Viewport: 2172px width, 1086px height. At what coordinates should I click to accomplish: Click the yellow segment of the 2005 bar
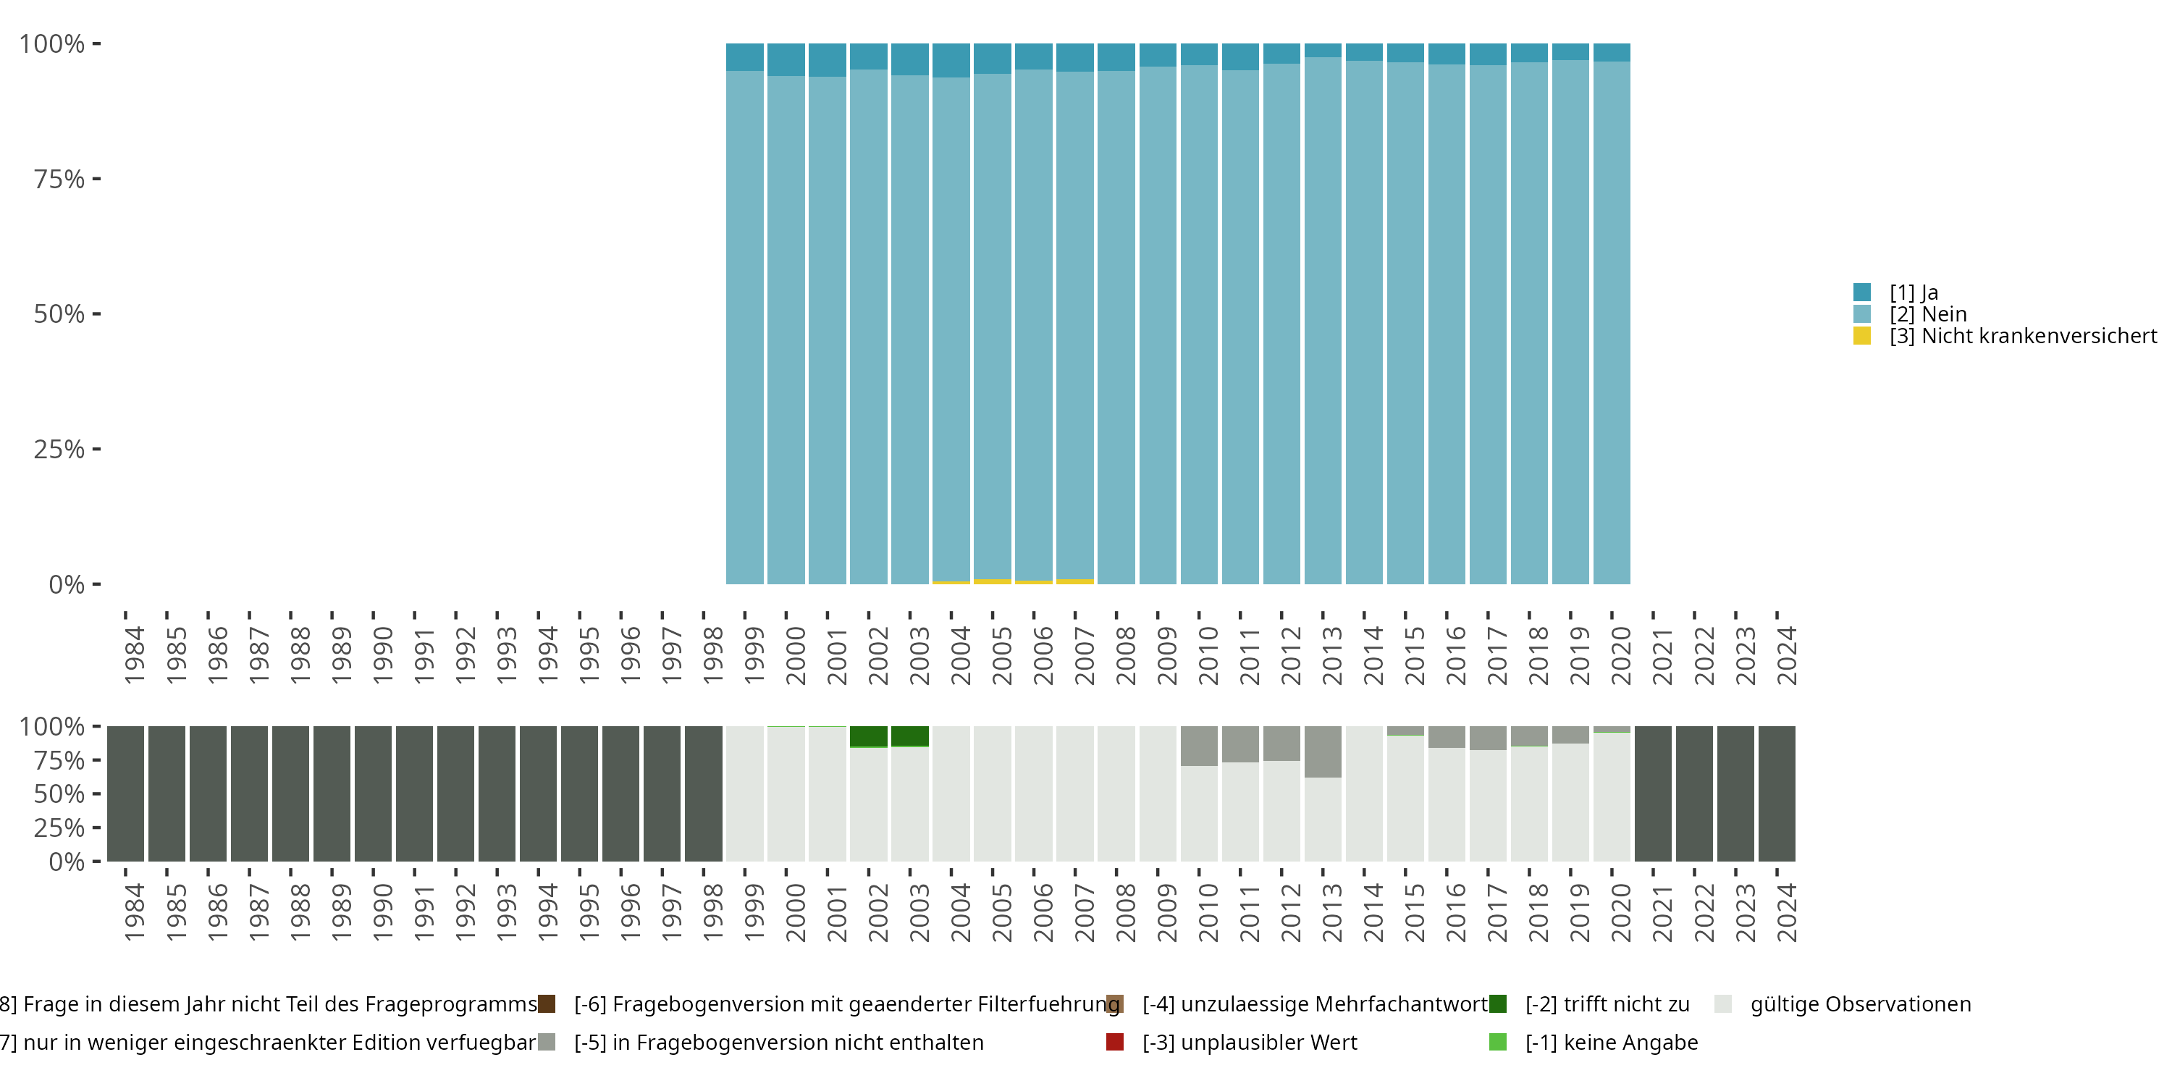pos(993,581)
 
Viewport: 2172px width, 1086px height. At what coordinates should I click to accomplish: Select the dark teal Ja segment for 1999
pos(744,56)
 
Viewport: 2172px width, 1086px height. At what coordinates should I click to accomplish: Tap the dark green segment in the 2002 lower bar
pos(869,736)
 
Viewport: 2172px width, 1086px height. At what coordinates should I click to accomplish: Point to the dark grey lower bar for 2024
pos(1777,794)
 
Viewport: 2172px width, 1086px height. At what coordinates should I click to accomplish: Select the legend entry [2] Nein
pos(1927,314)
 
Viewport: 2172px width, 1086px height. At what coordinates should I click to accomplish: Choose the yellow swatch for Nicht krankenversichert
pos(1861,337)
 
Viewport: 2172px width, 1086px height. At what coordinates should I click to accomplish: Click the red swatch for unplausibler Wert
pos(1115,1042)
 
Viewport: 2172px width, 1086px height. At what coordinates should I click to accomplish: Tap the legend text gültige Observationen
pos(1860,1004)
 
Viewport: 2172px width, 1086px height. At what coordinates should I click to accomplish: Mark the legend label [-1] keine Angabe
pos(1612,1042)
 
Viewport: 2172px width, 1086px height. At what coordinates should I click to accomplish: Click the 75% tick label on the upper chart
pos(59,179)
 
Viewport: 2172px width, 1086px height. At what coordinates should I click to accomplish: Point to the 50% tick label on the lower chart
pos(59,794)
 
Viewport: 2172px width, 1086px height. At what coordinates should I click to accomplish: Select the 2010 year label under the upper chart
pos(1208,655)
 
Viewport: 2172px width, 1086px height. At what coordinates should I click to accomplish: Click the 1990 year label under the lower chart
pos(382,912)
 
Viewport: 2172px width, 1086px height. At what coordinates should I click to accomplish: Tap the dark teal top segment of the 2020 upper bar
pos(1612,52)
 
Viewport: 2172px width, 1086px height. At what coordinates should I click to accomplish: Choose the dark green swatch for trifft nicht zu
pos(1497,1004)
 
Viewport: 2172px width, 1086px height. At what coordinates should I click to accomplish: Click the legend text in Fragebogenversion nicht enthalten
pos(778,1042)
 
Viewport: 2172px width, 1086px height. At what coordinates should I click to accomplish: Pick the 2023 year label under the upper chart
pos(1745,655)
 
